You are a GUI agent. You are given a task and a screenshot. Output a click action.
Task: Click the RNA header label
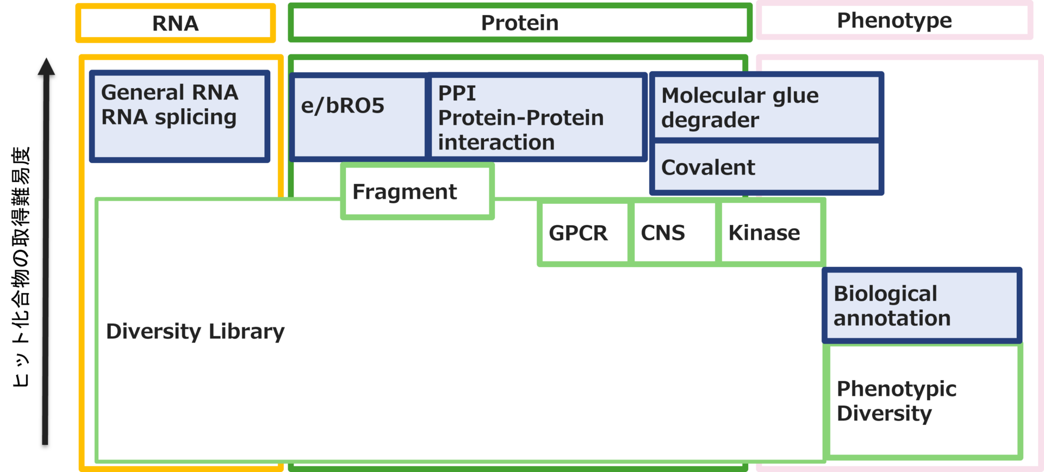coord(176,23)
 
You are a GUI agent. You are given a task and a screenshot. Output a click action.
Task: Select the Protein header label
coord(519,23)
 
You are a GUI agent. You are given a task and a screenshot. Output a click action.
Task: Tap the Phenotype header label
coord(894,21)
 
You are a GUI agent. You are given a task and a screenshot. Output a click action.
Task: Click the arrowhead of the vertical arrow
coord(46,66)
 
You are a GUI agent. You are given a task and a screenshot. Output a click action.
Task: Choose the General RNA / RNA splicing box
coord(179,116)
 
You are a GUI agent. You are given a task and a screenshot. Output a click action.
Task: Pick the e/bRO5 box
coord(359,116)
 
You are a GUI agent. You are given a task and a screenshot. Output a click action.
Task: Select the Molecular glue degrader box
coord(766,107)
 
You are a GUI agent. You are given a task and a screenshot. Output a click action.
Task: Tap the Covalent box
coord(766,167)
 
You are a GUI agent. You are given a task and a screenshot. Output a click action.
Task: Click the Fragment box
coord(417,191)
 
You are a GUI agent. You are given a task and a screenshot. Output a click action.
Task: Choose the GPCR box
coord(583,233)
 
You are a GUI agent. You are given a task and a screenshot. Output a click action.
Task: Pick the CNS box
coord(674,233)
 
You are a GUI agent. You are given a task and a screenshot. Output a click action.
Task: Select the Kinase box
coord(770,233)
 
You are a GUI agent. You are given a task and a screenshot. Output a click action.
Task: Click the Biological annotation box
coord(922,306)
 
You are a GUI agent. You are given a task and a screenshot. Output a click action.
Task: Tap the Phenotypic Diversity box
coord(923,401)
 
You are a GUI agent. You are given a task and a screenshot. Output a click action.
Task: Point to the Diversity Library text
coord(195,331)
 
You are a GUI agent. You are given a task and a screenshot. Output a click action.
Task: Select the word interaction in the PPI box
coord(496,142)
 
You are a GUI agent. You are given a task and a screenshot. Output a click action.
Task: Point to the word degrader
coord(710,120)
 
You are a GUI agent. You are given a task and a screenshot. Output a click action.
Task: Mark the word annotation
coord(892,319)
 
